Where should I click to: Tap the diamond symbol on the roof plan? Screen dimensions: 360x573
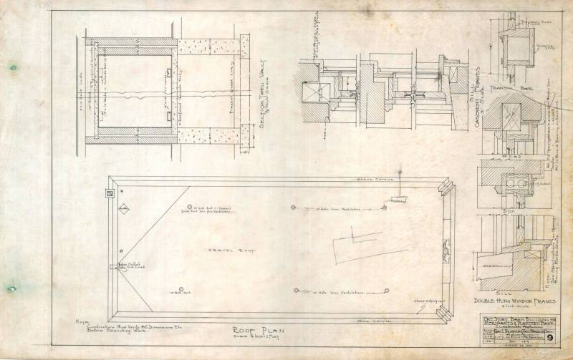[122, 210]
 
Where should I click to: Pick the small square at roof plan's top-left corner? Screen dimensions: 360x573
[110, 193]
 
